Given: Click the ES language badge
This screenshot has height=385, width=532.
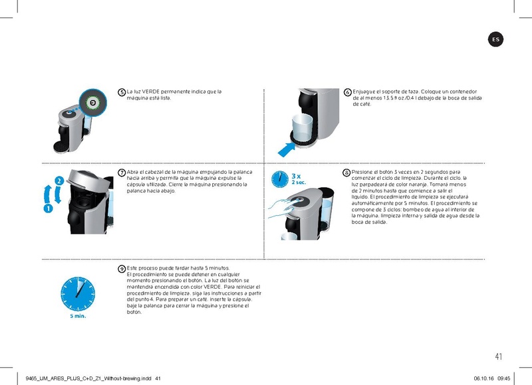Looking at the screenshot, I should click(495, 40).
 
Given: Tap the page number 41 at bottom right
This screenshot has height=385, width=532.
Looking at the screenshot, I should click(499, 356).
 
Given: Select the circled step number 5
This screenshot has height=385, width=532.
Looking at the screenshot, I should click(122, 92).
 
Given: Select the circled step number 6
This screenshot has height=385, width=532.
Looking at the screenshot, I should click(348, 92).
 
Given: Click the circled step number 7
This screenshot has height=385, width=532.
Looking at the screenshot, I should click(122, 173).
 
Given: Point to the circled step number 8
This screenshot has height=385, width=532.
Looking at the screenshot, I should click(346, 173).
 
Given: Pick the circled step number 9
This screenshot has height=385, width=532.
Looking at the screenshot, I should click(122, 268).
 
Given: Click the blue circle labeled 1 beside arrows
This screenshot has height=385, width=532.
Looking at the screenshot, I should click(48, 208).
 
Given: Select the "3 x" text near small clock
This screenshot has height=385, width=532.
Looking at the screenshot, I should click(296, 176).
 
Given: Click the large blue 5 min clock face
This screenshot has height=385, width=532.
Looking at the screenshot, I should click(78, 293).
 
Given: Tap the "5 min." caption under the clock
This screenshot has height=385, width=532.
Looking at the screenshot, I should click(78, 317).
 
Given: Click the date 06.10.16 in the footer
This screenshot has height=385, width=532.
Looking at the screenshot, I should click(483, 378).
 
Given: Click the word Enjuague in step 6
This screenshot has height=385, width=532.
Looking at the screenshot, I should click(365, 91).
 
